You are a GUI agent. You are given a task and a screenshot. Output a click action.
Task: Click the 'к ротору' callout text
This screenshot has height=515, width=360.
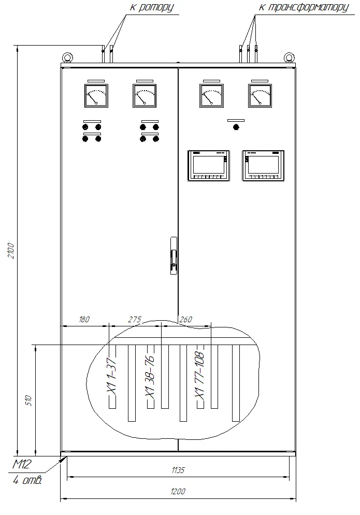(152, 7)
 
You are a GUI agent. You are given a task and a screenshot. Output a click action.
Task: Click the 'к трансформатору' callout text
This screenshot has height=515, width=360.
(304, 7)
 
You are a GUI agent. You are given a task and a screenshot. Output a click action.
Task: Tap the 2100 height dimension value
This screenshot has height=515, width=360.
(11, 251)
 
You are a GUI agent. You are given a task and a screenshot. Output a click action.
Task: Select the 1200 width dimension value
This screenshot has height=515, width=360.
(178, 491)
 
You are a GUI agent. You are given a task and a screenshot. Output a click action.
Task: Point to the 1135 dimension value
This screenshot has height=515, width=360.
(178, 470)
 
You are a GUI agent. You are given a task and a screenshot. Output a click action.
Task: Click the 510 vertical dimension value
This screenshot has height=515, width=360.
(28, 400)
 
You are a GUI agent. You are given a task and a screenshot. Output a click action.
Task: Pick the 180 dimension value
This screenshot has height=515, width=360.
(84, 319)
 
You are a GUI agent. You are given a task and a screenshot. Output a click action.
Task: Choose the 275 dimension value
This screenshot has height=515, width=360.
(135, 319)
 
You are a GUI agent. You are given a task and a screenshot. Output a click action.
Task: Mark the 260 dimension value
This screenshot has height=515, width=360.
(186, 319)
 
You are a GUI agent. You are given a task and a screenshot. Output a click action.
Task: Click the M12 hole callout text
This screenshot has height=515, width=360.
(22, 464)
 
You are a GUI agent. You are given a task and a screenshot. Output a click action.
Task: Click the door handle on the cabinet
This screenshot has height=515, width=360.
(174, 255)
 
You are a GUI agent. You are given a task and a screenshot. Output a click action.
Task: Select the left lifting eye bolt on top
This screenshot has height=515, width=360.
(68, 58)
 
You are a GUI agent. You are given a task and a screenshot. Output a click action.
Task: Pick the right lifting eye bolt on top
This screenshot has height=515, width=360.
(289, 58)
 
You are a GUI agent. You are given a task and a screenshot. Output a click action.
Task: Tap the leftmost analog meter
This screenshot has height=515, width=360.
(96, 95)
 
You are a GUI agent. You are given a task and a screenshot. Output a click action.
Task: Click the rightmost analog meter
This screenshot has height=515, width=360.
(260, 95)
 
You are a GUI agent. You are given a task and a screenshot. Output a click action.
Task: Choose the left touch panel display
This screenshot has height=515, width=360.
(209, 166)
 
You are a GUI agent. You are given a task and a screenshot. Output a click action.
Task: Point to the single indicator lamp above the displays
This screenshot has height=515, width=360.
(236, 127)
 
